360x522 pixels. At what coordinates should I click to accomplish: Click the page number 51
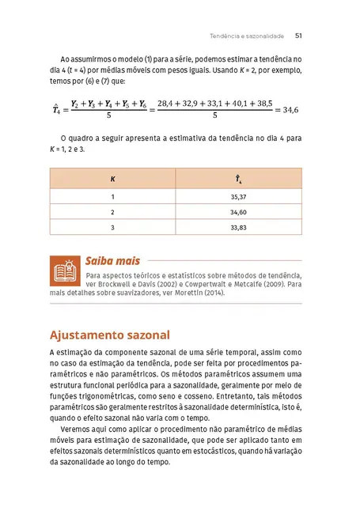(x=298, y=36)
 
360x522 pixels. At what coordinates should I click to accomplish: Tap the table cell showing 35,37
(x=238, y=196)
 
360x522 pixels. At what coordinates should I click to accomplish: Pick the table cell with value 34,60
(x=238, y=212)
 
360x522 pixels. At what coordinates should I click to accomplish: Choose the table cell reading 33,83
(x=238, y=228)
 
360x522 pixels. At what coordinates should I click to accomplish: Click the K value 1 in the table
(x=112, y=196)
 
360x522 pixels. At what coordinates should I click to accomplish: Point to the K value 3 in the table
(x=112, y=228)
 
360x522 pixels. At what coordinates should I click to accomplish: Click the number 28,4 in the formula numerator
(x=169, y=104)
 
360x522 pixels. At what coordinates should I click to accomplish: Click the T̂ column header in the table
(x=238, y=180)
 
